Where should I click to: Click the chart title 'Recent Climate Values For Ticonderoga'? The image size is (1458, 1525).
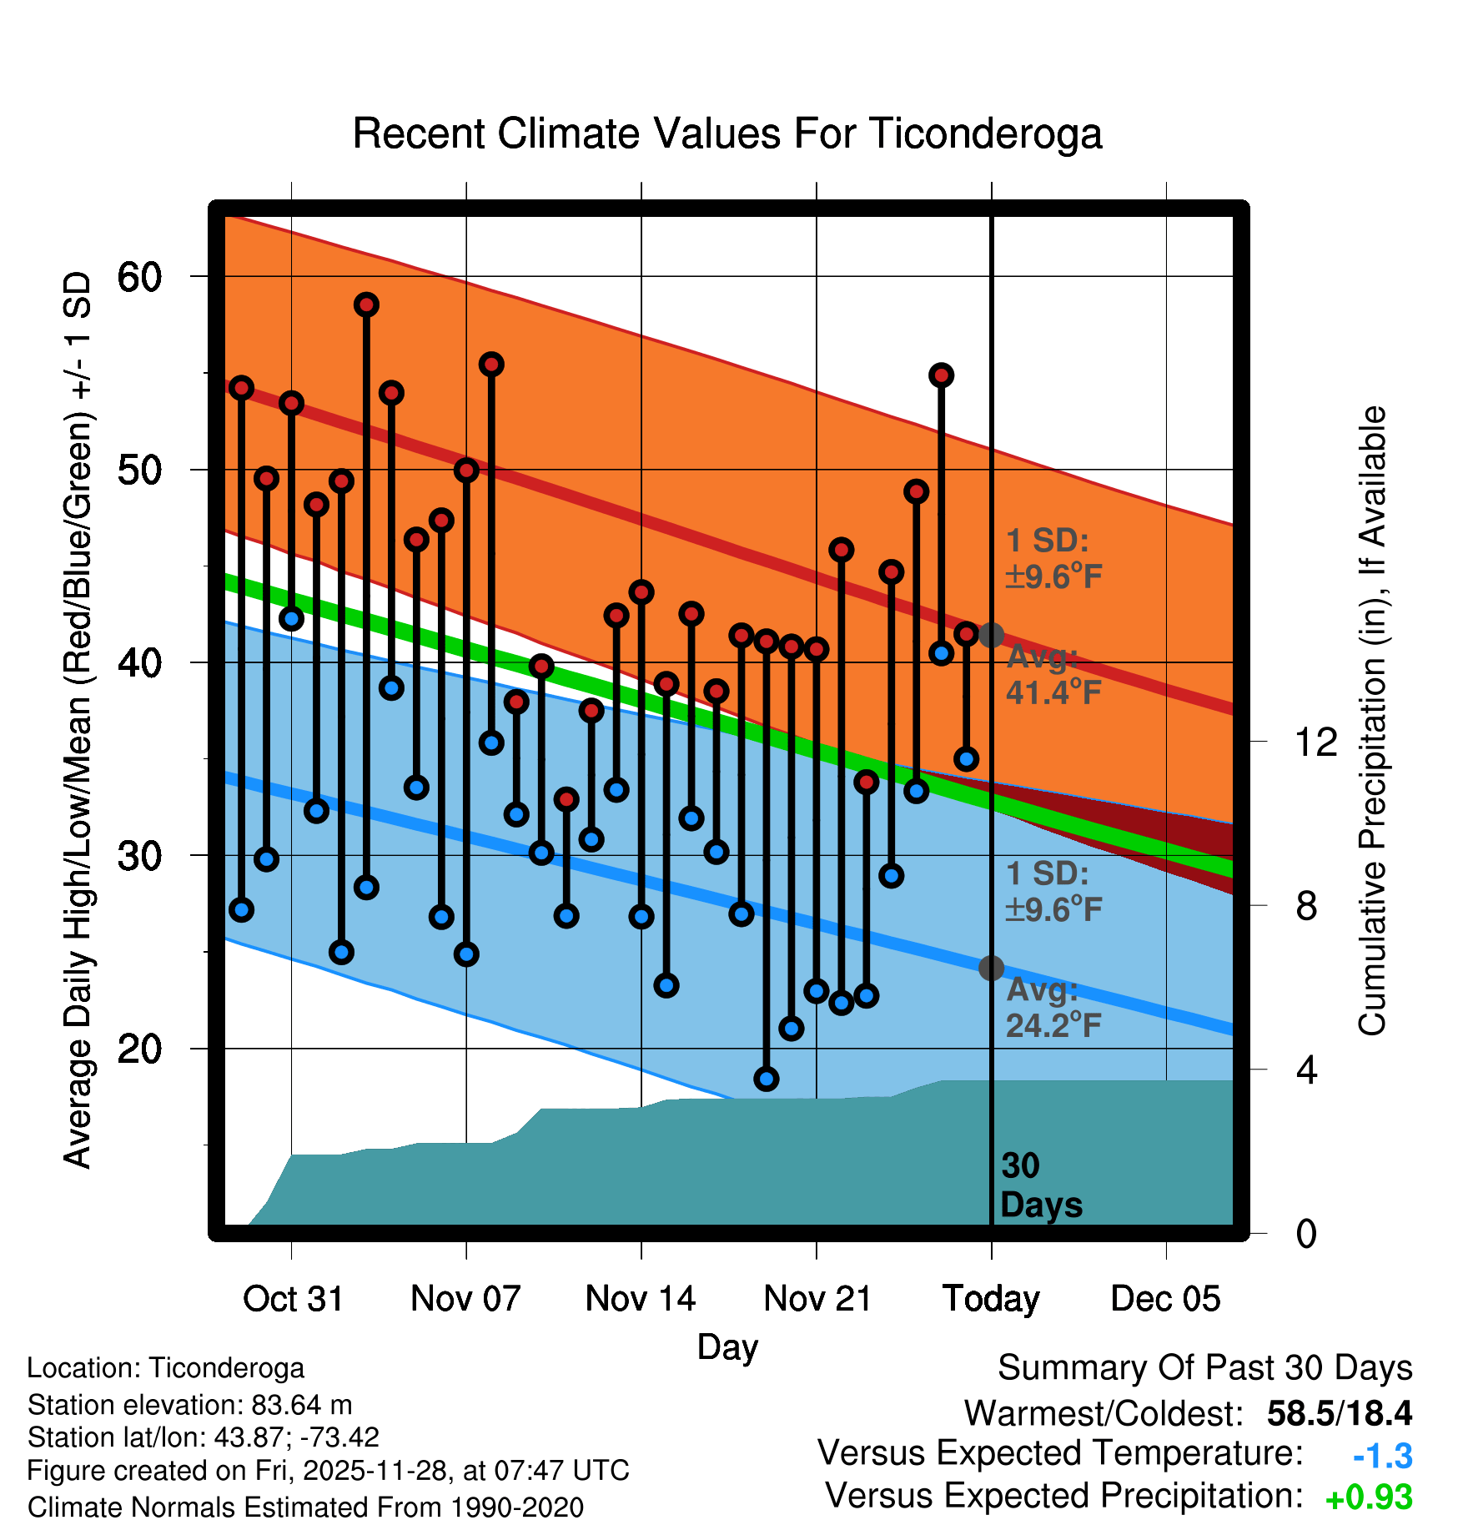click(727, 133)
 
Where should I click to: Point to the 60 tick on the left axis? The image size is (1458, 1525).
click(139, 277)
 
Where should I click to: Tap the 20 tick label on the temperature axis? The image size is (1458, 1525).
click(139, 1049)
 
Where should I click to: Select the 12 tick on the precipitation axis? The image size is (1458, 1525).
click(1315, 742)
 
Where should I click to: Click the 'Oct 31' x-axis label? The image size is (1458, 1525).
click(293, 1298)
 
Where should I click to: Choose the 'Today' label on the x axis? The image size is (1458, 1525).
click(991, 1298)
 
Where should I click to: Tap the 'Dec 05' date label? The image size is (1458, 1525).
click(1165, 1298)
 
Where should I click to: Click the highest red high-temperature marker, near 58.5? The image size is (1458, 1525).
click(366, 305)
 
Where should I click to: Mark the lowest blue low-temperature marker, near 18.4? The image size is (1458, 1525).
click(767, 1079)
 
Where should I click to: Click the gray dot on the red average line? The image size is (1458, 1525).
click(991, 635)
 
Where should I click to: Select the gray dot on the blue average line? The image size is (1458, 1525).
click(991, 968)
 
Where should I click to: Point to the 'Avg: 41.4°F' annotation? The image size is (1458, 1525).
click(1053, 675)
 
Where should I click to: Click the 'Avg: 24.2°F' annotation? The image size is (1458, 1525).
click(1053, 1007)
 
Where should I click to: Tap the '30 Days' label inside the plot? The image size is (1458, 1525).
click(1040, 1185)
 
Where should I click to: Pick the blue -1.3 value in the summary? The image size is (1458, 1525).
click(1382, 1456)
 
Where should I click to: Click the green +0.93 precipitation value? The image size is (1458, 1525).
click(1369, 1497)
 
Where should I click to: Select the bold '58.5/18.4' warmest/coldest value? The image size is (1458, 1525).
click(1339, 1413)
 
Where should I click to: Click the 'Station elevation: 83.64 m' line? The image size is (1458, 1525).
click(189, 1405)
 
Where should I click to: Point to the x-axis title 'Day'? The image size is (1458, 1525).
click(727, 1346)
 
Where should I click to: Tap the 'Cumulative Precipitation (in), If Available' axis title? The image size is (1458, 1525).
click(1372, 722)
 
